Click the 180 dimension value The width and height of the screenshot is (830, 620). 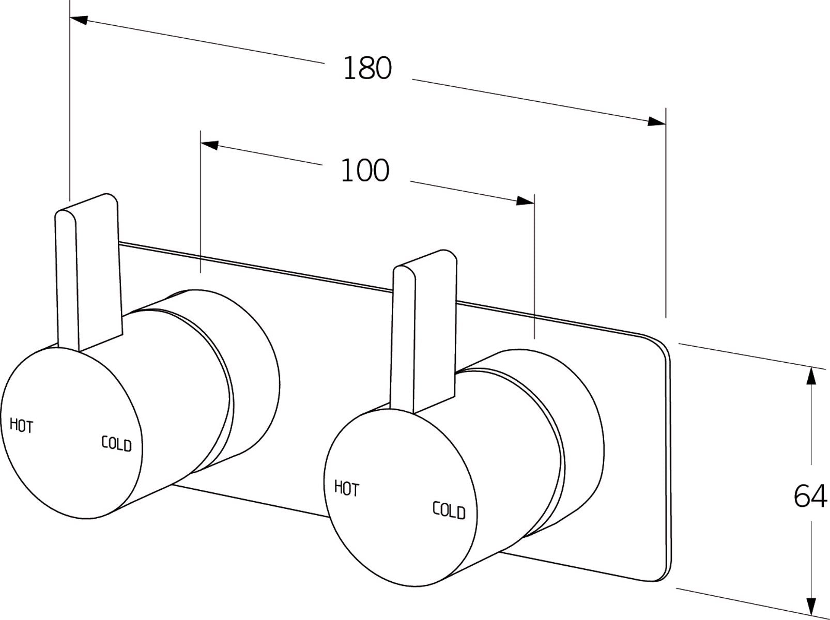pyautogui.click(x=367, y=68)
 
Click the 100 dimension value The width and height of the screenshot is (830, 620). pyautogui.click(x=365, y=171)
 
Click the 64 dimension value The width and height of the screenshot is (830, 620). pyautogui.click(x=810, y=497)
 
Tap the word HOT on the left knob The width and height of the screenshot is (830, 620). pyautogui.click(x=22, y=426)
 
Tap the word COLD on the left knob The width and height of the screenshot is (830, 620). pyautogui.click(x=116, y=444)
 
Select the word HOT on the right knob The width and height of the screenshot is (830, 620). pyautogui.click(x=346, y=488)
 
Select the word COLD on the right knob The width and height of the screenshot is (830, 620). pyautogui.click(x=449, y=510)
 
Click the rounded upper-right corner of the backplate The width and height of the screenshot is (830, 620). pyautogui.click(x=662, y=345)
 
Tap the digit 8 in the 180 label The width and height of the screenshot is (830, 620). pyautogui.click(x=368, y=68)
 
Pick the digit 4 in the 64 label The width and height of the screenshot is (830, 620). pyautogui.click(x=819, y=497)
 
